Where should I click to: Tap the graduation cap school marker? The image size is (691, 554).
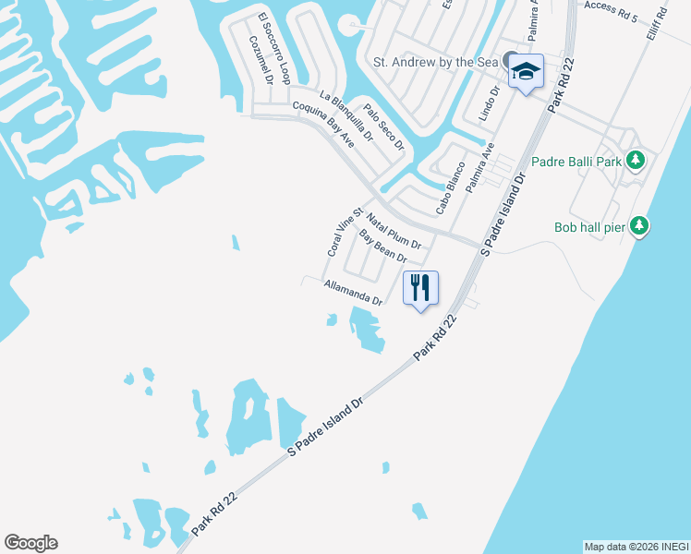coord(526,71)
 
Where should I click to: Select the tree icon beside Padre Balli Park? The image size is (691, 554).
coord(635,162)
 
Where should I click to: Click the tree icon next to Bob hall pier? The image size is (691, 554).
coord(639,226)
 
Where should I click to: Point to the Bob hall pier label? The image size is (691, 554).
coord(590,226)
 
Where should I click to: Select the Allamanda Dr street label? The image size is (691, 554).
coord(354,293)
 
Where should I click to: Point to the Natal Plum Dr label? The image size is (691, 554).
coord(394,232)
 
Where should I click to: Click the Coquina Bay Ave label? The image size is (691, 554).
coord(323,124)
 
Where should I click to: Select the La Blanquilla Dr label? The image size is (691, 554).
coord(345,115)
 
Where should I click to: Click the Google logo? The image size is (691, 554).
coord(30,543)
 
